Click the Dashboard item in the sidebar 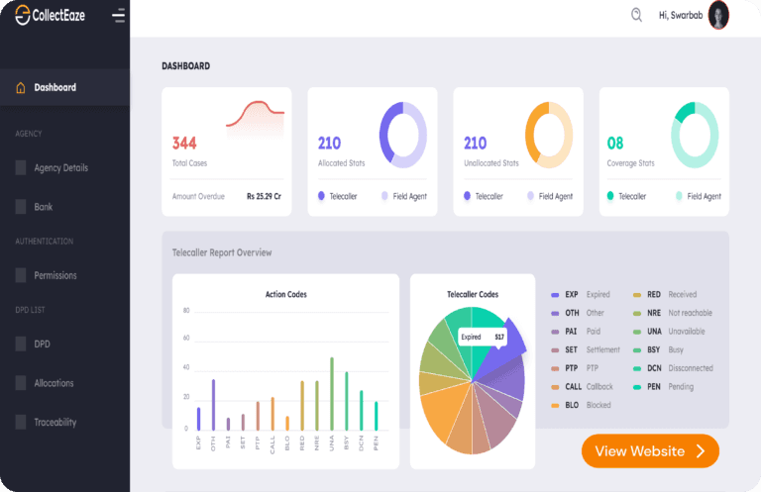click(x=54, y=87)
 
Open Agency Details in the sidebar click(x=60, y=167)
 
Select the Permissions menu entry click(x=54, y=275)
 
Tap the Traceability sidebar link click(x=55, y=422)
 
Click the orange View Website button click(x=650, y=451)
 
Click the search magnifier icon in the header click(x=636, y=15)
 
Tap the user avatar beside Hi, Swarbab click(x=718, y=15)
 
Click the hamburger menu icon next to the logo click(x=119, y=16)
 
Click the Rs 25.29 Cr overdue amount click(x=264, y=196)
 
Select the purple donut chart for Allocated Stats click(x=402, y=135)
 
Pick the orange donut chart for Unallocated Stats click(x=549, y=135)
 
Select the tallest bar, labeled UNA click(x=331, y=393)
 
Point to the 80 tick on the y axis click(x=185, y=310)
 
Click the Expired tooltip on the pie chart click(x=483, y=337)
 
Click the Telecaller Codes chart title click(x=473, y=294)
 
